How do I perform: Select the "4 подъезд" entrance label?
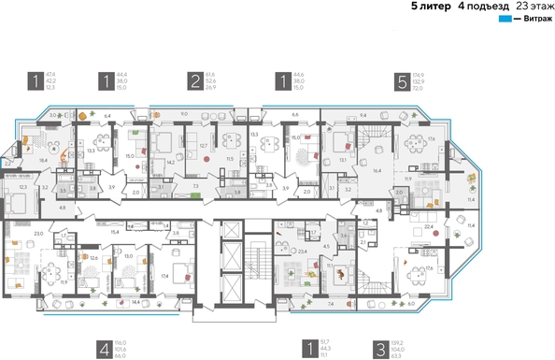pos(479,7)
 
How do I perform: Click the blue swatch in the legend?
pos(505,20)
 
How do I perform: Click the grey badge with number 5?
pos(402,81)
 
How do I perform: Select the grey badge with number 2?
pos(194,81)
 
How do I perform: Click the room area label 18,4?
pos(43,161)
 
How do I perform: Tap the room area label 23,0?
pos(38,233)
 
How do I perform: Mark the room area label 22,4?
pos(429,225)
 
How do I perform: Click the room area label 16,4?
pos(377,173)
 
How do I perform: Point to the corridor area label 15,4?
pos(115,231)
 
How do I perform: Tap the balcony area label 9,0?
pos(183,114)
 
